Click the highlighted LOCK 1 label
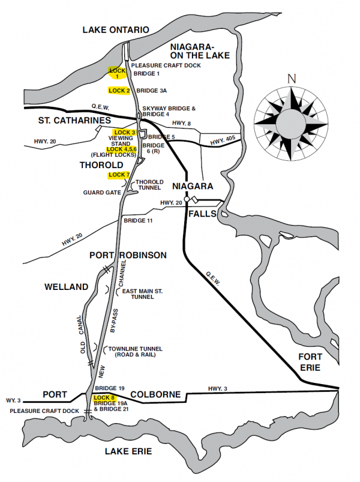(x=117, y=73)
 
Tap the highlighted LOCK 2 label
(x=119, y=91)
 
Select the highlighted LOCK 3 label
(x=125, y=132)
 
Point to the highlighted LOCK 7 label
(x=119, y=175)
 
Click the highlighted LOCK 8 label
(x=104, y=398)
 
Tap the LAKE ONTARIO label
(x=115, y=29)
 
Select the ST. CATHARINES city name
(x=74, y=121)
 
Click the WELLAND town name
(x=67, y=287)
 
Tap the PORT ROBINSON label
(x=128, y=255)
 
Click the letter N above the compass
(x=292, y=79)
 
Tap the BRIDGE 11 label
(x=139, y=221)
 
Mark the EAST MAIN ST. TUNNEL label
(x=142, y=294)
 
